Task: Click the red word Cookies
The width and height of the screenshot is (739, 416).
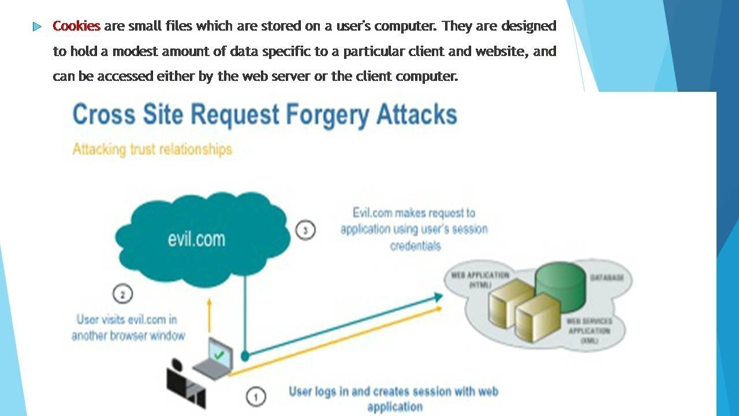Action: [x=76, y=26]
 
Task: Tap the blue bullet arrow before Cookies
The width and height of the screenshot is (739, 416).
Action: [x=38, y=27]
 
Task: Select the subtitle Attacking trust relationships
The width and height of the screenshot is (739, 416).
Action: [x=152, y=149]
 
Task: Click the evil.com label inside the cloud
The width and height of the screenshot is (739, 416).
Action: [x=196, y=239]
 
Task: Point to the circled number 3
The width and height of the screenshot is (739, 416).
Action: [x=305, y=231]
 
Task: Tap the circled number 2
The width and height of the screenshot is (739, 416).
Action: [x=122, y=294]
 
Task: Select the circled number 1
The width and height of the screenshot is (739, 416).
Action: [x=256, y=397]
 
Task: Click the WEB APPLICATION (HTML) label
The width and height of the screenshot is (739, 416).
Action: [x=480, y=280]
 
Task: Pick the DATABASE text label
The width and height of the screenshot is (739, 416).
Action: [x=606, y=278]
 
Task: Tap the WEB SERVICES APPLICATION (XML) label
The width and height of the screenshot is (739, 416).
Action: [x=589, y=330]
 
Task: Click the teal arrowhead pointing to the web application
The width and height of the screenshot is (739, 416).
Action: [x=438, y=297]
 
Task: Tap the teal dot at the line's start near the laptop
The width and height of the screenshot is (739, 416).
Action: [x=245, y=355]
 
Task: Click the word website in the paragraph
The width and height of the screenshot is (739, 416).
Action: [x=500, y=51]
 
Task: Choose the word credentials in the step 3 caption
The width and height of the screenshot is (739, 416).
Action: [x=415, y=246]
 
